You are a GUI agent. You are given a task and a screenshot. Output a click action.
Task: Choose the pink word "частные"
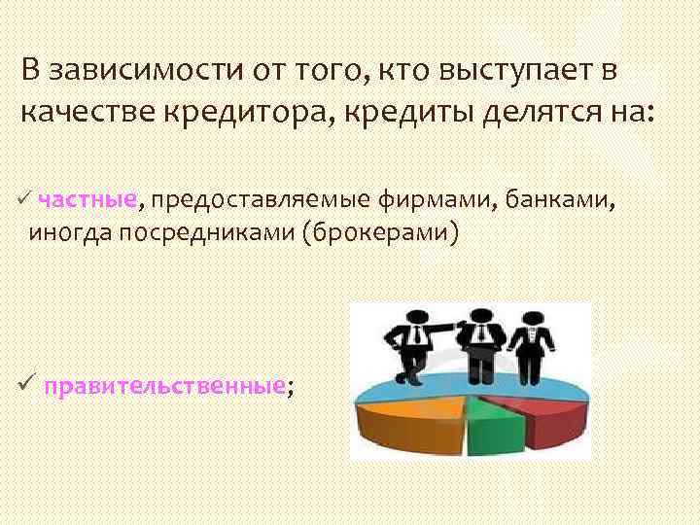click(87, 200)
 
